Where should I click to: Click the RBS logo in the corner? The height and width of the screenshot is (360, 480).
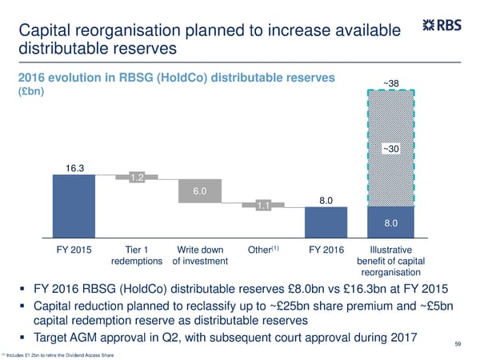coord(442,26)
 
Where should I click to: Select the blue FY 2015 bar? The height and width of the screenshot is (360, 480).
coord(74,206)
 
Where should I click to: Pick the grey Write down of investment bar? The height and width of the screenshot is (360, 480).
coord(199,191)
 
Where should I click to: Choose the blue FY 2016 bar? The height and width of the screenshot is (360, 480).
coord(326,221)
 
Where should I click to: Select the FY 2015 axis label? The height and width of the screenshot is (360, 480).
coord(73,250)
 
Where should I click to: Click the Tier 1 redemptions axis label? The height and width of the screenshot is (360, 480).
coord(135,255)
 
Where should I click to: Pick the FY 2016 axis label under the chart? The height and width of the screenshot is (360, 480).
coord(326,250)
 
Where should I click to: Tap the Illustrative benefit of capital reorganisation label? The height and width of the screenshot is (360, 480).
coord(389,261)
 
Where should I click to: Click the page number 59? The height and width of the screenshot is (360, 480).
coord(458,344)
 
